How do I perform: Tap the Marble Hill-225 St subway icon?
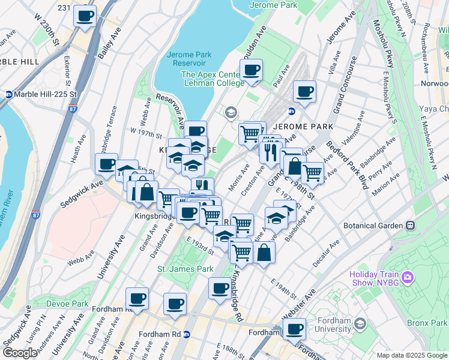(x=9, y=95)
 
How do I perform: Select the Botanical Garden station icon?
(x=410, y=226)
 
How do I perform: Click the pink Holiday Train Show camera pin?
(x=408, y=277)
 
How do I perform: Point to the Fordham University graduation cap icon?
(x=360, y=325)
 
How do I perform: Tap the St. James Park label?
(x=185, y=269)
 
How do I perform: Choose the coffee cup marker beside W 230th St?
(x=85, y=15)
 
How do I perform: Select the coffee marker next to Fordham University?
(x=294, y=329)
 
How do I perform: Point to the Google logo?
(x=20, y=353)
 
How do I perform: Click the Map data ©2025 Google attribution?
(x=412, y=355)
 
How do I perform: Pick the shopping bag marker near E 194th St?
(x=264, y=252)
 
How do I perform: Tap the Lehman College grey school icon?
(x=230, y=112)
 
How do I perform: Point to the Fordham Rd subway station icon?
(x=187, y=334)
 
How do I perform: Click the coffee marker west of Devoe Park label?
(x=137, y=298)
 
